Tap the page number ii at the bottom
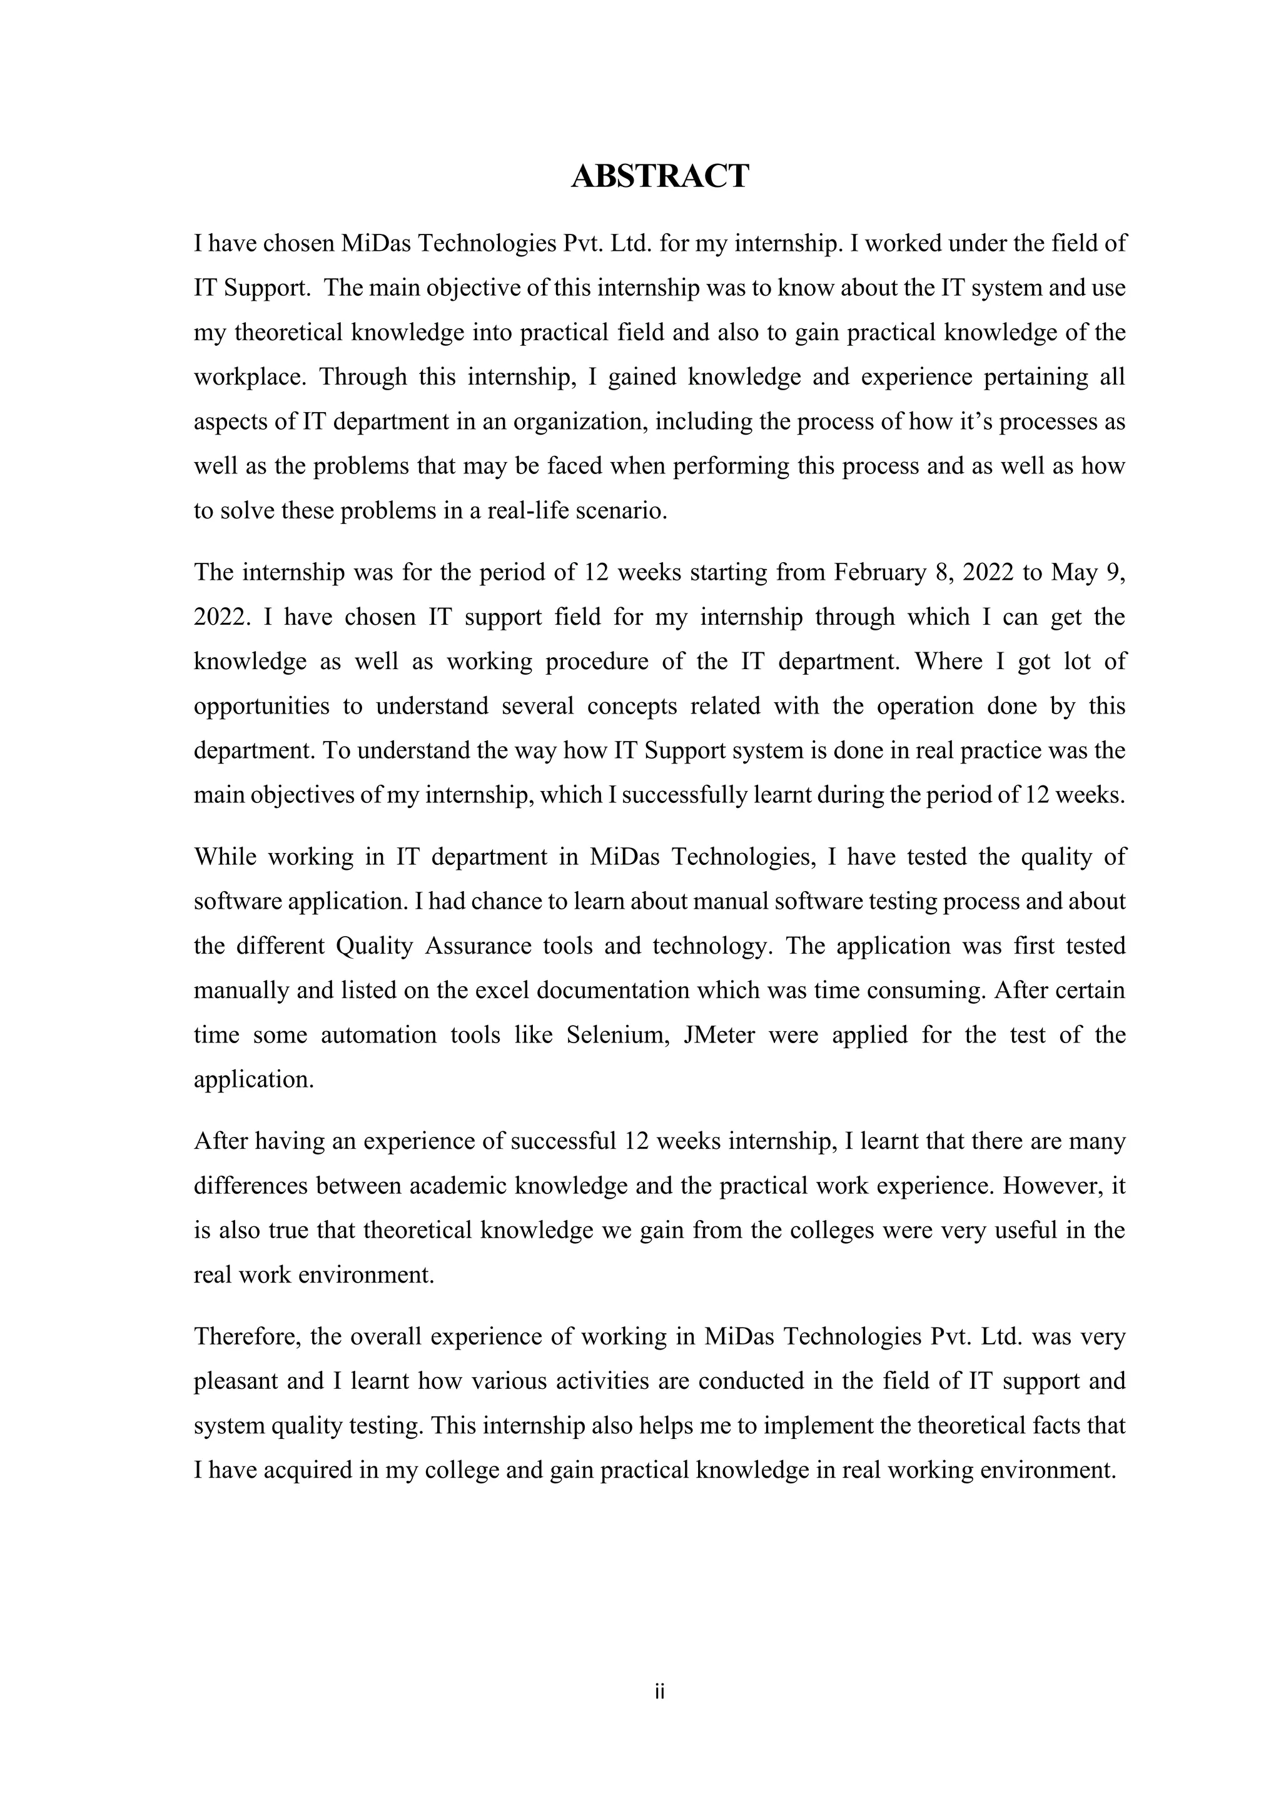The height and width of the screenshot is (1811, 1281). [x=659, y=1691]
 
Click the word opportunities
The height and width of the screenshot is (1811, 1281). [x=261, y=705]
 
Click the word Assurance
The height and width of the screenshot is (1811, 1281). [x=478, y=945]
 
